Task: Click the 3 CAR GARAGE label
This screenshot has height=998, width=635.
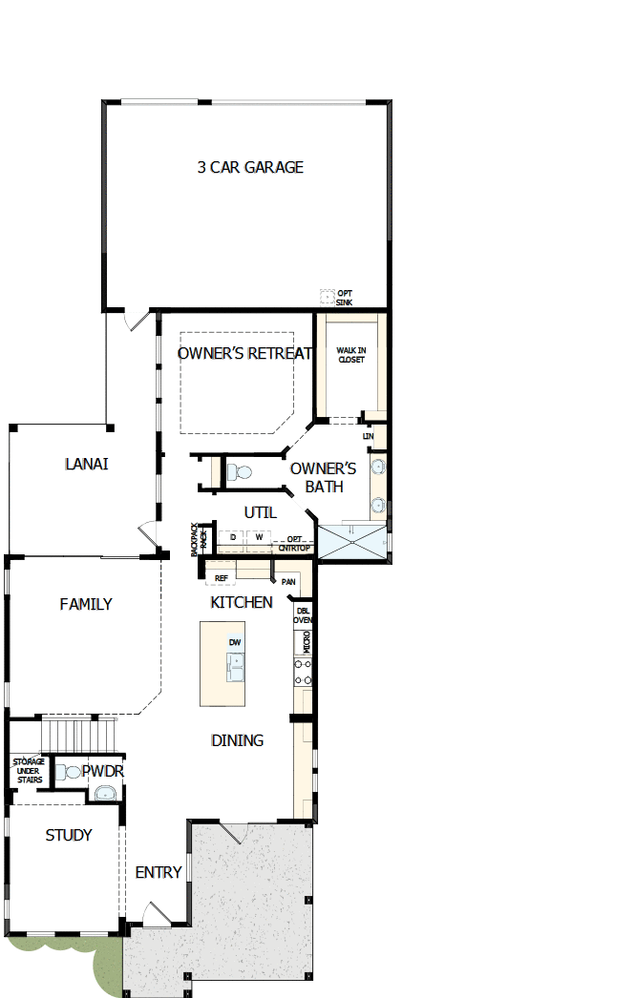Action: click(x=250, y=167)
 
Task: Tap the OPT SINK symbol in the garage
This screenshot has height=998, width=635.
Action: click(x=327, y=297)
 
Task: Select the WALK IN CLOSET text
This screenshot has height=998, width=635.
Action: click(x=350, y=355)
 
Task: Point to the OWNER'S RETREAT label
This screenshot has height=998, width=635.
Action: click(x=244, y=353)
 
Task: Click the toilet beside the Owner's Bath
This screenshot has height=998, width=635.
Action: click(x=237, y=471)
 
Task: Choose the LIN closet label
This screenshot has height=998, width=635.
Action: click(x=369, y=436)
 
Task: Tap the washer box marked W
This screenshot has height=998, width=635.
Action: click(x=257, y=538)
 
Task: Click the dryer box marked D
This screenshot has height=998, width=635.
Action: click(x=232, y=538)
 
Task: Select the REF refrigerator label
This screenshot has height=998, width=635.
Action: click(x=222, y=578)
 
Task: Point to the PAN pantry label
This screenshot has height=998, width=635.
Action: click(x=287, y=581)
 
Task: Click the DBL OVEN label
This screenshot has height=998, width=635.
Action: click(x=303, y=614)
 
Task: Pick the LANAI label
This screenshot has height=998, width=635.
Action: click(x=86, y=464)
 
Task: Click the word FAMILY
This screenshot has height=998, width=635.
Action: click(x=86, y=604)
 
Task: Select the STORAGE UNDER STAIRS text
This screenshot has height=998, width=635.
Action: click(x=27, y=771)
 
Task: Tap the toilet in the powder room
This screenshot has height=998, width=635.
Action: click(x=69, y=771)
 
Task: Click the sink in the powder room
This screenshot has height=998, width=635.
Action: click(x=104, y=792)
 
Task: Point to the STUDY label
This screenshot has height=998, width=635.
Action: click(x=69, y=835)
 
